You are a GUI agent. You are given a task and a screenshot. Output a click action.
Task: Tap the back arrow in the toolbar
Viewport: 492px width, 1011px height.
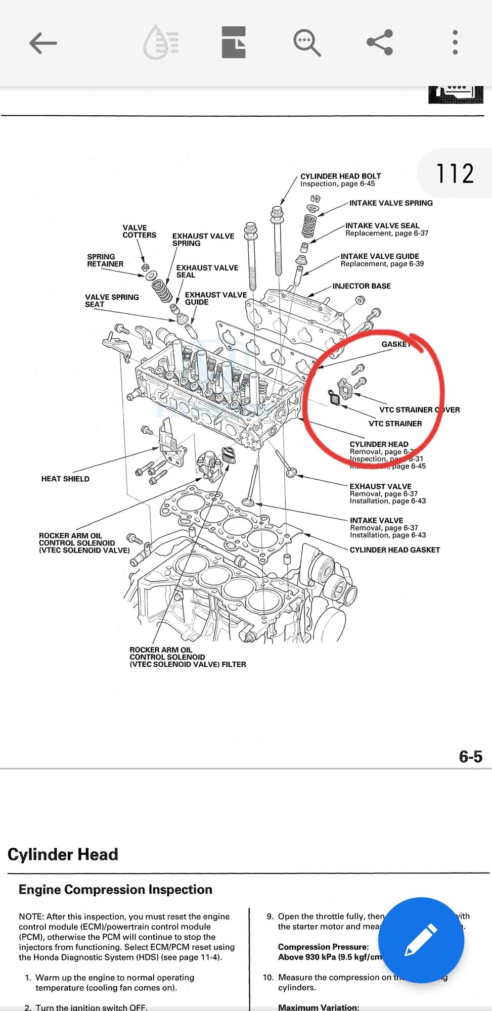pyautogui.click(x=43, y=43)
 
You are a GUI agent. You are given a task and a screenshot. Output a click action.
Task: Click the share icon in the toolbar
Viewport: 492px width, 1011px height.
pyautogui.click(x=380, y=42)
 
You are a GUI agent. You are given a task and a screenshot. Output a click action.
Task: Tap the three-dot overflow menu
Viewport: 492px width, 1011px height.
pyautogui.click(x=455, y=42)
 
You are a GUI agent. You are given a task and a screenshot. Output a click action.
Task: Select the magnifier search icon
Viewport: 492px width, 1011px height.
pyautogui.click(x=307, y=42)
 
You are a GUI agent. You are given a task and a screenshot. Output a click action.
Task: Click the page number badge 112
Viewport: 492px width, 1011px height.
pyautogui.click(x=455, y=173)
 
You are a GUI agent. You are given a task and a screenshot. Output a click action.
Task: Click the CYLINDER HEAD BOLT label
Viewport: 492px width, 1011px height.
pyautogui.click(x=340, y=176)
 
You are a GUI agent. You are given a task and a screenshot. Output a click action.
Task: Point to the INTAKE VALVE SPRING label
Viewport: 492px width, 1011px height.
pyautogui.click(x=391, y=203)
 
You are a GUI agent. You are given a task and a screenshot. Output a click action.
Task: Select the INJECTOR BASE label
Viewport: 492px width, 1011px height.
pyautogui.click(x=362, y=286)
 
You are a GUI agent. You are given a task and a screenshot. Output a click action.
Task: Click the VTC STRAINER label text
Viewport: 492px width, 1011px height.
pyautogui.click(x=395, y=424)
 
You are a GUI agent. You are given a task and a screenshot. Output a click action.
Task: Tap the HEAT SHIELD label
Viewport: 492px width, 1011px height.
pyautogui.click(x=65, y=479)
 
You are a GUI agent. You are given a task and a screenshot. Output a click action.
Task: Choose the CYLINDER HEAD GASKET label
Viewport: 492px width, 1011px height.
pyautogui.click(x=394, y=550)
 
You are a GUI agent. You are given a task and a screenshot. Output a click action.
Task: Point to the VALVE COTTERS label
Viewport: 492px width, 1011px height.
pyautogui.click(x=139, y=232)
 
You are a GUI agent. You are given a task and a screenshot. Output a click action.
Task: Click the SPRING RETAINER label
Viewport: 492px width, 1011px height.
pyautogui.click(x=105, y=260)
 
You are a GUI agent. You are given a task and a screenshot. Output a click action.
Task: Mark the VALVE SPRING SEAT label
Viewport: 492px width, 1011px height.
pyautogui.click(x=112, y=301)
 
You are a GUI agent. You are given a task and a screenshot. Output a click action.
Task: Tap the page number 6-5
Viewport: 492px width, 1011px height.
pyautogui.click(x=470, y=757)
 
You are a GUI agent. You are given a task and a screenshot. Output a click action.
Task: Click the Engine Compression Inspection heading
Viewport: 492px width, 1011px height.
pyautogui.click(x=115, y=890)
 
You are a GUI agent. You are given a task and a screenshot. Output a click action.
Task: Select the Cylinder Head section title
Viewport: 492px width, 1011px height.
pyautogui.click(x=63, y=854)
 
